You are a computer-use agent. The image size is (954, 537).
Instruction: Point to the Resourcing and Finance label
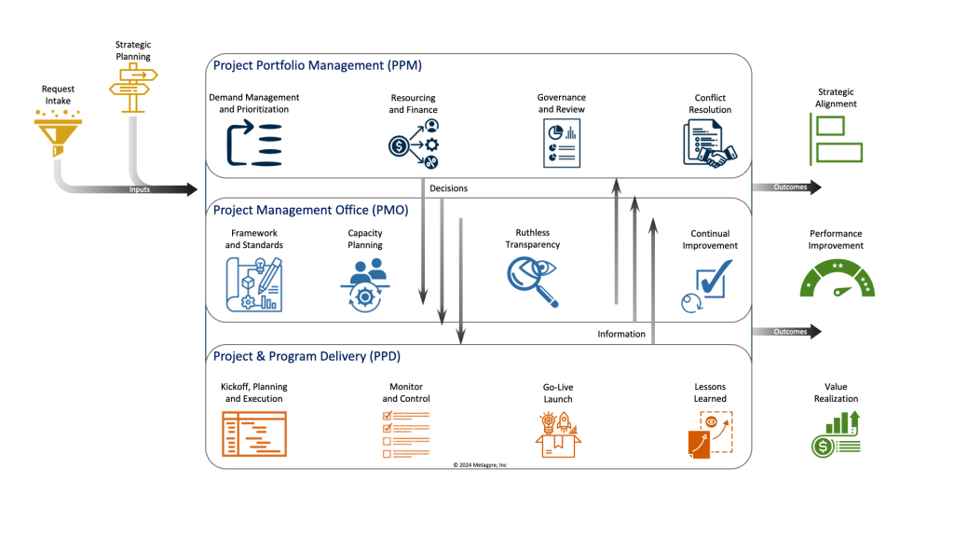pyautogui.click(x=412, y=103)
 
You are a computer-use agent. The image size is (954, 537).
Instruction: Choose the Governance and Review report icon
pyautogui.click(x=561, y=145)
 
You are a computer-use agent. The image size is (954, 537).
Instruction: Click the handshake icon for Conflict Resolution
pyautogui.click(x=709, y=145)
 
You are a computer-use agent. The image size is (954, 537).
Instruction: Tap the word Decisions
pyautogui.click(x=448, y=188)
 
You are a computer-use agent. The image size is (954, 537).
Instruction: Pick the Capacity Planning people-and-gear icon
pyautogui.click(x=364, y=283)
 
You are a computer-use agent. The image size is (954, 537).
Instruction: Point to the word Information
pyautogui.click(x=621, y=334)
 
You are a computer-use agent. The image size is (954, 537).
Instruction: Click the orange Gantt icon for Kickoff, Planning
pyautogui.click(x=253, y=434)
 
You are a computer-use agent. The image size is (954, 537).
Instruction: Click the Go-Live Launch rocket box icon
pyautogui.click(x=557, y=434)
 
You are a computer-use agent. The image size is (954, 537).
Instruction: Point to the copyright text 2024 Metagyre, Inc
pyautogui.click(x=480, y=463)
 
